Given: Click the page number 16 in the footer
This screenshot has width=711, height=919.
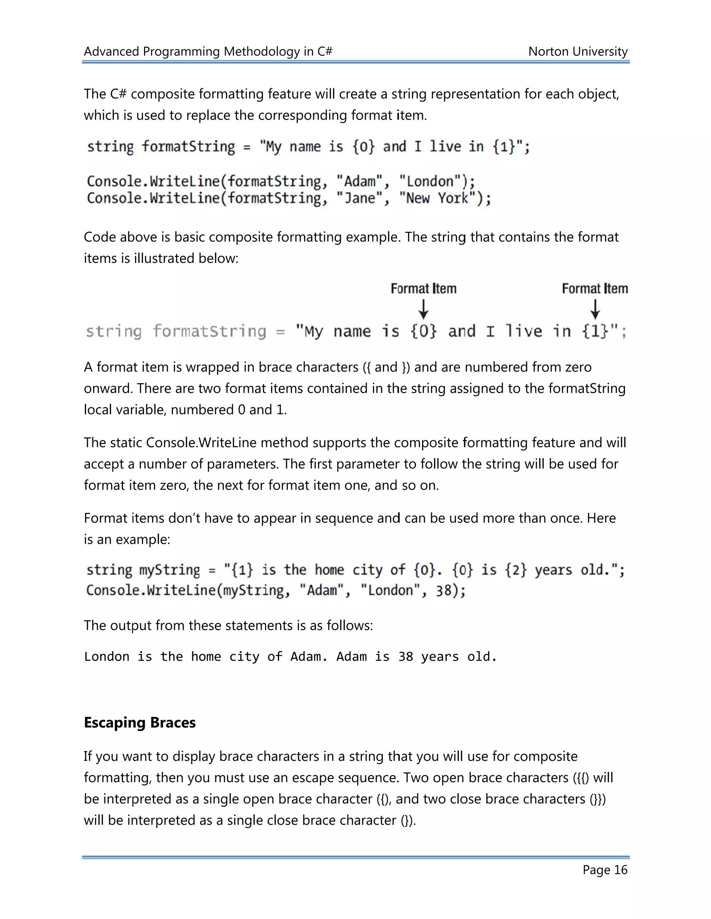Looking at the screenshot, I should click(x=620, y=870).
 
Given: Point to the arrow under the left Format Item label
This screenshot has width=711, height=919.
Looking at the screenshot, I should click(x=423, y=309).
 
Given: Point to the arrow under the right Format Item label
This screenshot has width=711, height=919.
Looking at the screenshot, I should click(x=595, y=309).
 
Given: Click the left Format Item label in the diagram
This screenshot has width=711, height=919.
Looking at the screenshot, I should click(x=423, y=289).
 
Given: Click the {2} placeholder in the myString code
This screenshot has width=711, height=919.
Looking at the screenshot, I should click(x=516, y=570).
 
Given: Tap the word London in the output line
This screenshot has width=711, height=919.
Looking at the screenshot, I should click(x=107, y=657).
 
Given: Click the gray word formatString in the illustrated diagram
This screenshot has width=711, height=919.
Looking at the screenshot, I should click(x=209, y=331).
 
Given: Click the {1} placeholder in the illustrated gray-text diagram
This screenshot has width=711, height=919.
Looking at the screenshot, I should click(x=595, y=331).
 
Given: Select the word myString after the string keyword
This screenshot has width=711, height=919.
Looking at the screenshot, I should click(x=170, y=570).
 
